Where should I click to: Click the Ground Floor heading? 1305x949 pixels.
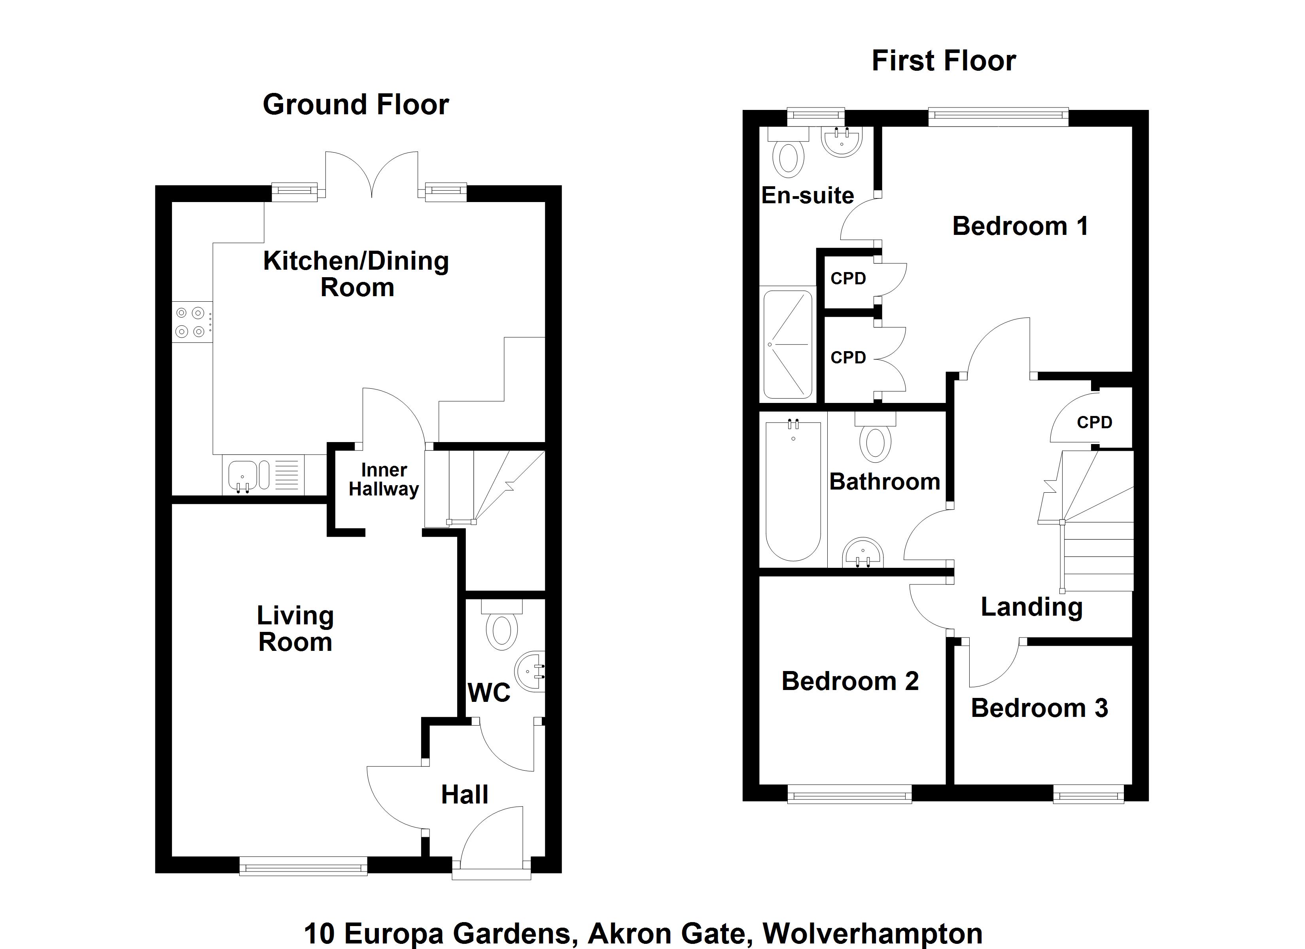(356, 105)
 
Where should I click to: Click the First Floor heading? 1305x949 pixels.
(943, 61)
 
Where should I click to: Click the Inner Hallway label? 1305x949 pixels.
(384, 479)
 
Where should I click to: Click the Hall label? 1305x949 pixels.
(464, 795)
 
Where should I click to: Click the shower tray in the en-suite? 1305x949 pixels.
(787, 344)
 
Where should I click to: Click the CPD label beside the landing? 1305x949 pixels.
(1094, 422)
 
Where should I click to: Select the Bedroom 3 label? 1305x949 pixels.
(1039, 708)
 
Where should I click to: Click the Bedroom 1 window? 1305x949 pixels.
(998, 117)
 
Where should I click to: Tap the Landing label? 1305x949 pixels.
(1031, 607)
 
